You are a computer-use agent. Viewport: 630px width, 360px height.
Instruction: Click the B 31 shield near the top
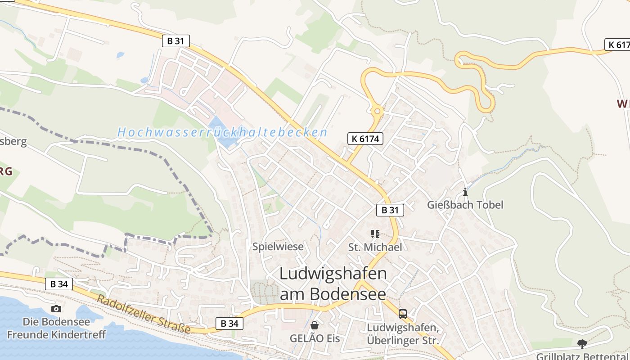point(176,41)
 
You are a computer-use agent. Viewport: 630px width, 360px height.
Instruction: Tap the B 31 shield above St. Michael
point(390,210)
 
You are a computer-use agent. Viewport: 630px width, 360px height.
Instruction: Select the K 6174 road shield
point(365,139)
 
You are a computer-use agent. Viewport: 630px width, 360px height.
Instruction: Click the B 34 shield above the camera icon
point(59,284)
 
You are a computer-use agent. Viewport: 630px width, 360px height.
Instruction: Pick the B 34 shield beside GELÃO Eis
point(229,323)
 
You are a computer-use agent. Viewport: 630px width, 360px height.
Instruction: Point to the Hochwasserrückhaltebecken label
point(222,132)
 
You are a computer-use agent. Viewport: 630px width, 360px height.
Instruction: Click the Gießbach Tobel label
point(465,205)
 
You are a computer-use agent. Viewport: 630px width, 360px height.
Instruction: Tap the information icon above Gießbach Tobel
point(465,192)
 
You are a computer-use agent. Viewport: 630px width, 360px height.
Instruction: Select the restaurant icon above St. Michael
point(375,234)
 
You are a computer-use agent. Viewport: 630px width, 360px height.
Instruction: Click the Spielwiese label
point(278,247)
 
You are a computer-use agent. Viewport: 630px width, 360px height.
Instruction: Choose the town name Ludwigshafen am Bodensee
point(333,283)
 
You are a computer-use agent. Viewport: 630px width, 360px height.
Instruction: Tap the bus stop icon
point(402,314)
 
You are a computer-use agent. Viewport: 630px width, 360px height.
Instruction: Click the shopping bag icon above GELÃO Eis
point(315,325)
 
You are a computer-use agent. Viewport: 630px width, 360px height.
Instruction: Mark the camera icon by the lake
point(56,308)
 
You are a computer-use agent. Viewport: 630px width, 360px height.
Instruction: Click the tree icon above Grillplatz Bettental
point(582,344)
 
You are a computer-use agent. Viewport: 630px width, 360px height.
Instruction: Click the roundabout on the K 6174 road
point(377,110)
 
